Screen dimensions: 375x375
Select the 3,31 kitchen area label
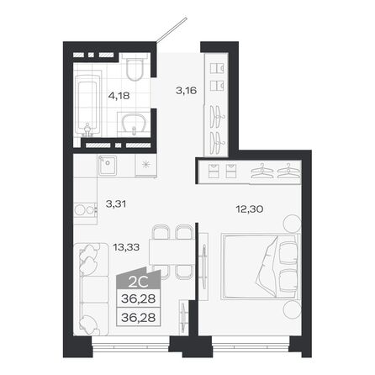coord(116,202)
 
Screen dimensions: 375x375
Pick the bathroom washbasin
coord(133,125)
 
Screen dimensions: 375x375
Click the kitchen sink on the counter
coord(107,165)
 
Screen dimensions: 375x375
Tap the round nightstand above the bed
coord(291,224)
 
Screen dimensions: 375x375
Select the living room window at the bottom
coord(126,346)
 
